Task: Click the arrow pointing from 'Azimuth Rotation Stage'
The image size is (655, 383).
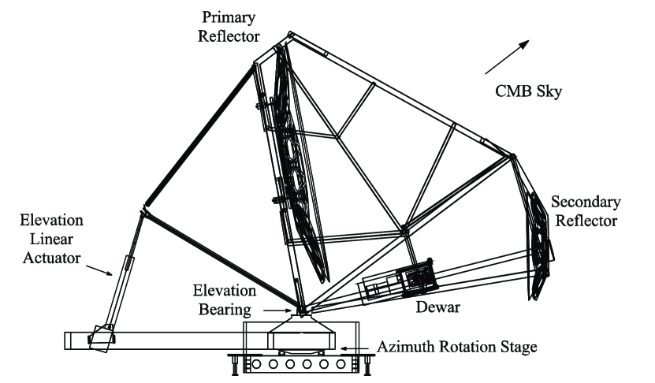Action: coord(353,347)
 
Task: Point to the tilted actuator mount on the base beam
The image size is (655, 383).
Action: coord(99,337)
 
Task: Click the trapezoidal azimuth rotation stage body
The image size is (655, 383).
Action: coord(300,333)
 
